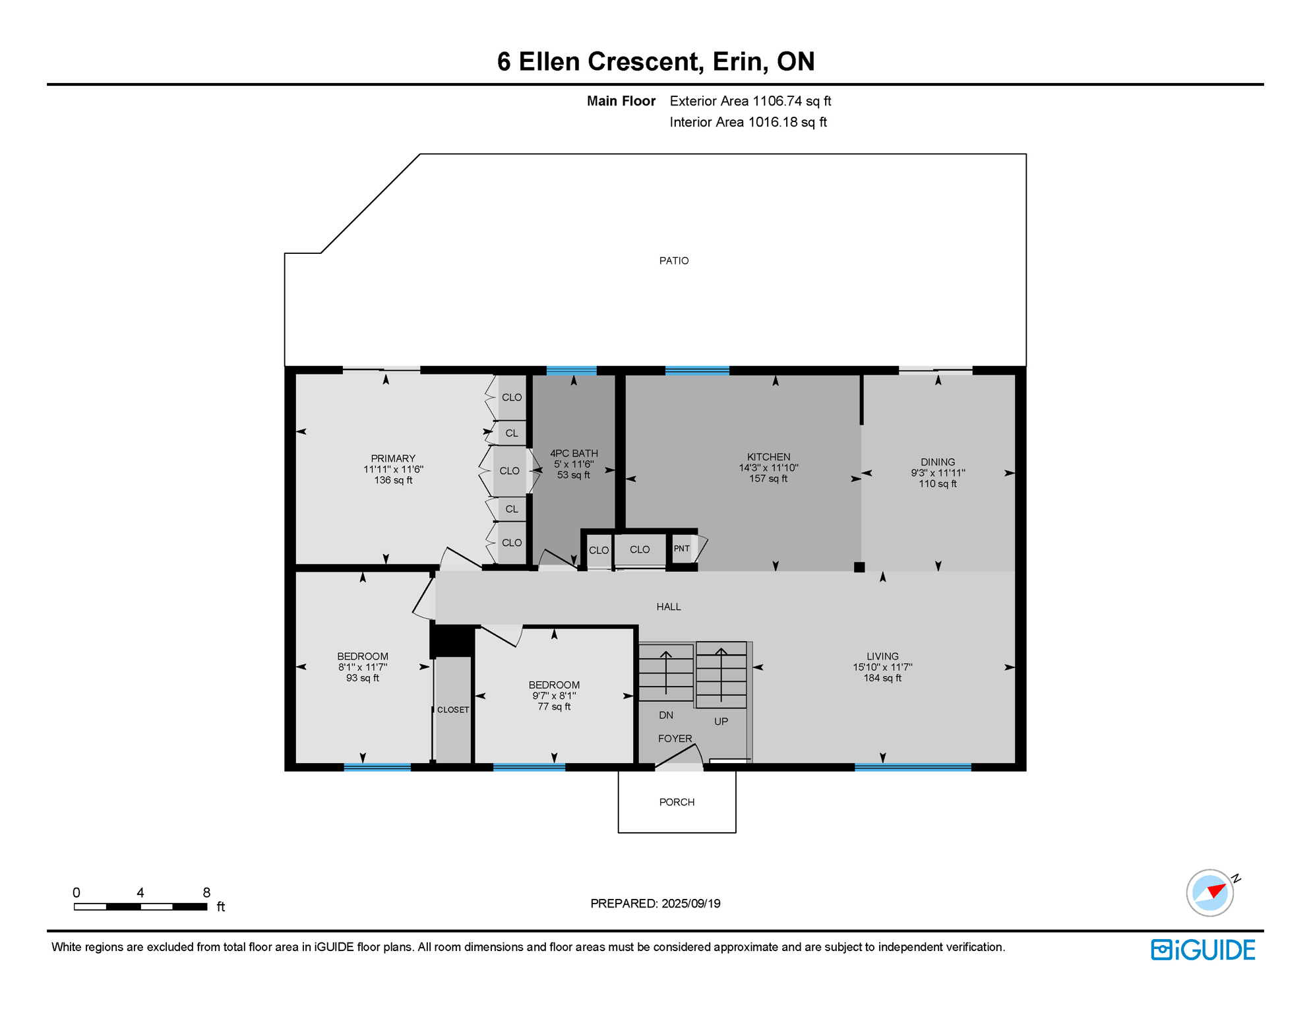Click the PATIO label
pos(673,261)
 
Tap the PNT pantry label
pos(681,549)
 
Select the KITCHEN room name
pos(768,456)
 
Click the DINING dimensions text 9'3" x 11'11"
pos(938,473)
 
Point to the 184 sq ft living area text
pos(882,678)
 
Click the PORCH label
pos(677,802)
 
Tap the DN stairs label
pos(666,716)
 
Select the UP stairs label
pos(721,721)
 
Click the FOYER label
pos(675,739)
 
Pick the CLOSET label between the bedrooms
pos(453,710)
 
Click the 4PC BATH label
pos(574,453)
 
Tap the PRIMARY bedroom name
pos(393,458)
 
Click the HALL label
pos(669,607)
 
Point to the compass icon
pos(1209,893)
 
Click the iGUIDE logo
pos(1203,950)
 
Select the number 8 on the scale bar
pos(206,892)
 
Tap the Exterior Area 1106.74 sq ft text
pos(750,101)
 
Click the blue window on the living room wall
pos(913,767)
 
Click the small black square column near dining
pos(859,567)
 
